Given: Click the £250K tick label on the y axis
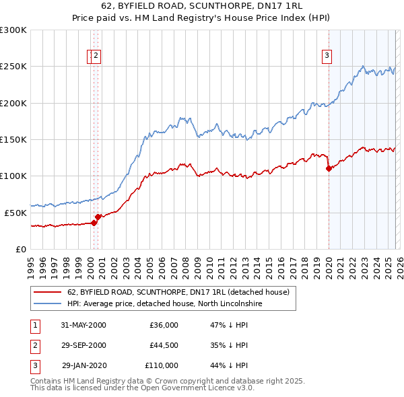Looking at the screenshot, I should click(13, 67).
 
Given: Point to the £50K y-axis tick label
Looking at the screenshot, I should click(15, 213).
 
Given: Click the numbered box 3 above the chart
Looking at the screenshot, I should click(327, 56).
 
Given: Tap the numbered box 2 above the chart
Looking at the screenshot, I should click(96, 56).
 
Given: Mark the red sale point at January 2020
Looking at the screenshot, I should click(329, 169).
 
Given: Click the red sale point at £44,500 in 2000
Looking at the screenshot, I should click(98, 217).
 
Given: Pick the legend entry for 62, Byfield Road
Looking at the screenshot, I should click(178, 292).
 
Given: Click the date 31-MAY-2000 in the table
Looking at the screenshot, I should click(83, 326).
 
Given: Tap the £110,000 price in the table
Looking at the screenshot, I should click(162, 366).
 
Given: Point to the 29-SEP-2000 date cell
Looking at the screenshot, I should click(83, 346).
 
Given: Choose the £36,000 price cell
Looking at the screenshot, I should click(164, 326).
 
